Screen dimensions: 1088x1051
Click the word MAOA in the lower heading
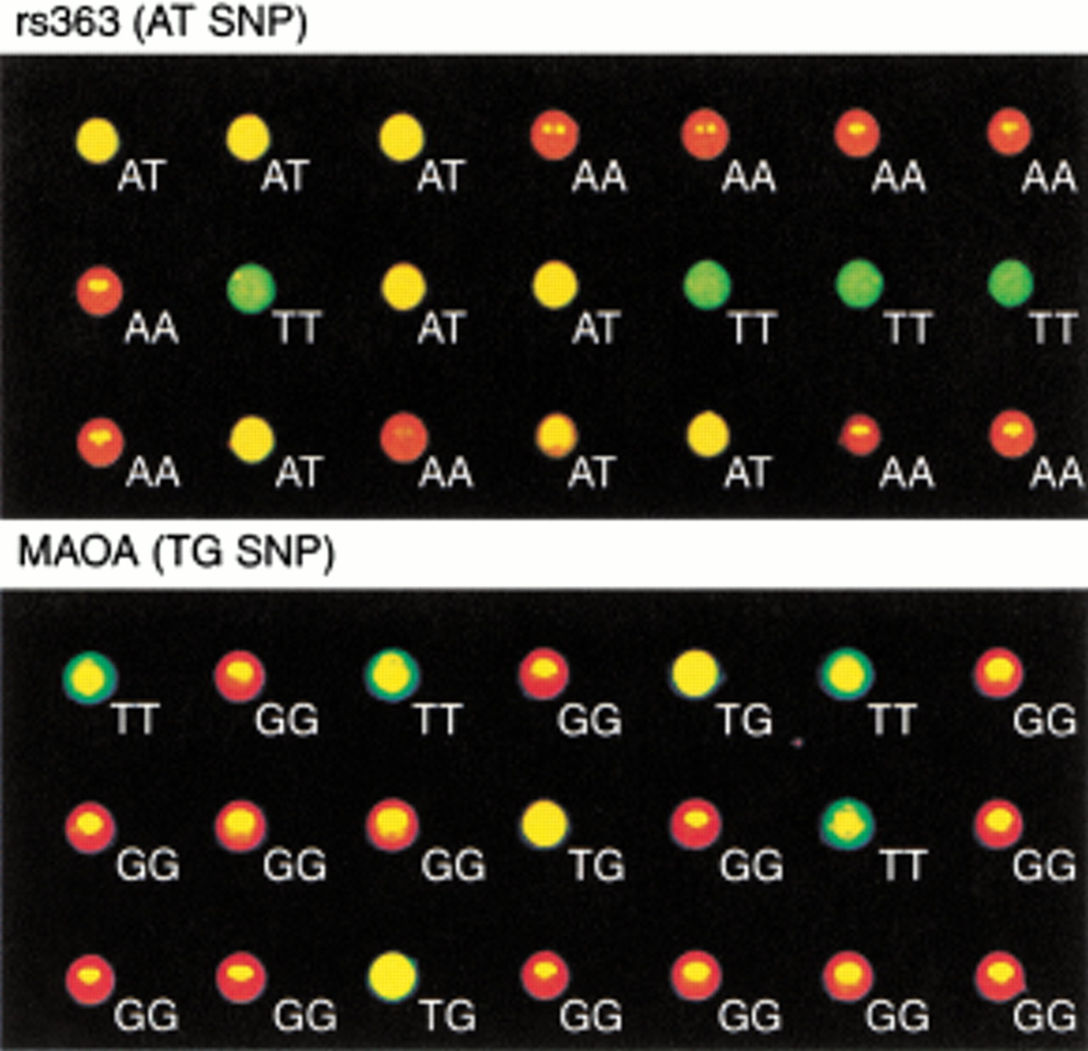click(x=78, y=552)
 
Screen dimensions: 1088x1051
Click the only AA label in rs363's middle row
click(x=151, y=327)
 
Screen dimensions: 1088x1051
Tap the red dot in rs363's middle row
click(x=99, y=292)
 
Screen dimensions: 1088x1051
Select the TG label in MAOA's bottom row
click(x=450, y=1016)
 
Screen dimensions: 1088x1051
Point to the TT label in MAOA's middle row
click(x=903, y=865)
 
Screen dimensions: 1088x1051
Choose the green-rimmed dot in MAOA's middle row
click(x=847, y=825)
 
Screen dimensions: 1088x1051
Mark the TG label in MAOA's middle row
click(x=597, y=865)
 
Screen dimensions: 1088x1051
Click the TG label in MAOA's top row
click(x=745, y=719)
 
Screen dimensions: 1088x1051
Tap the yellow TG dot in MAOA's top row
click(x=695, y=673)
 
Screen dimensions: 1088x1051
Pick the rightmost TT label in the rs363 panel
click(x=1053, y=327)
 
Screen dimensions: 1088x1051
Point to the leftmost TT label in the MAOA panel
click(x=136, y=719)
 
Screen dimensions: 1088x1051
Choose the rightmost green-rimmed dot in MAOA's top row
click(x=847, y=673)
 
